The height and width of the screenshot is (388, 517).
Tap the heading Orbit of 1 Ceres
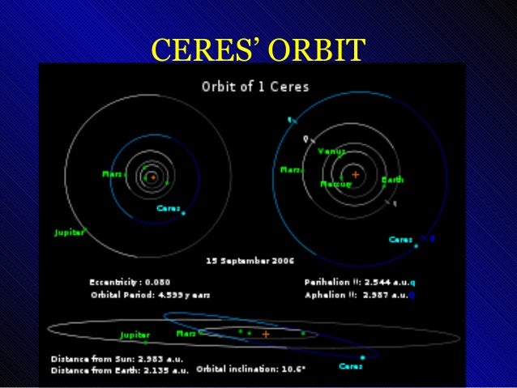click(x=254, y=85)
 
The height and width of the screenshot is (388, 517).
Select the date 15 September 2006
click(x=249, y=262)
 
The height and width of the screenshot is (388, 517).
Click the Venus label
click(x=331, y=151)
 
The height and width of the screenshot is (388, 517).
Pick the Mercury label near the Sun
click(x=335, y=184)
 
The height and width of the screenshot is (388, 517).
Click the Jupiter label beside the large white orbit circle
click(x=69, y=232)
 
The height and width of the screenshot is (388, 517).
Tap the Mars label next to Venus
click(x=290, y=170)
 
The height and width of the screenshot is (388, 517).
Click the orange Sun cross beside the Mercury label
click(x=355, y=174)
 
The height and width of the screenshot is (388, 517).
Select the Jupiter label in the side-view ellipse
click(x=135, y=335)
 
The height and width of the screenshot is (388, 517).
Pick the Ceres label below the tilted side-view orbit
click(x=350, y=366)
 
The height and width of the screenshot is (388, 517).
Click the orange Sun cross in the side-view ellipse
click(x=265, y=333)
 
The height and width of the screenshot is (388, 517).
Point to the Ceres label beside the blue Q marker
click(x=400, y=239)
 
